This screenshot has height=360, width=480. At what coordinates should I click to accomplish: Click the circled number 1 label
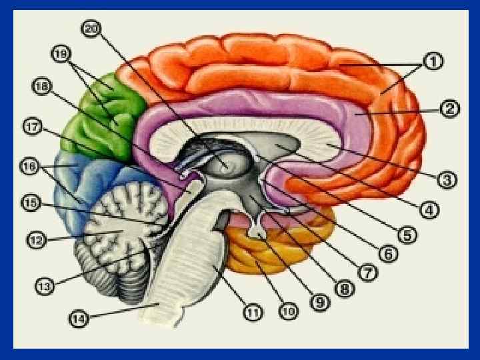point(433,62)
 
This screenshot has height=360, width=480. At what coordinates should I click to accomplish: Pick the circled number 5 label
point(406,234)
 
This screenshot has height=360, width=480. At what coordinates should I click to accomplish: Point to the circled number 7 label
point(366,272)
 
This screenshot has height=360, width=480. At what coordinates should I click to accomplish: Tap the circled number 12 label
point(36,237)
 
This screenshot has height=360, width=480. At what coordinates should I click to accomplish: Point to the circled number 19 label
point(61,54)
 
